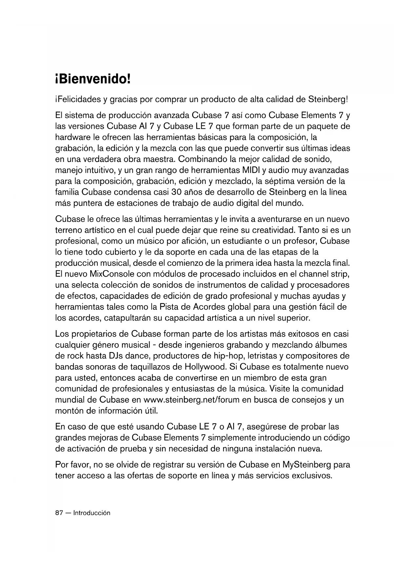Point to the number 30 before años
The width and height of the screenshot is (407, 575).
pos(172,192)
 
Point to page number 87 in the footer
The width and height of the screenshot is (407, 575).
pos(59,513)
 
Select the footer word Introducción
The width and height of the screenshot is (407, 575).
pos(92,513)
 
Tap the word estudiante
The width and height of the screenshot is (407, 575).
pos(246,241)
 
